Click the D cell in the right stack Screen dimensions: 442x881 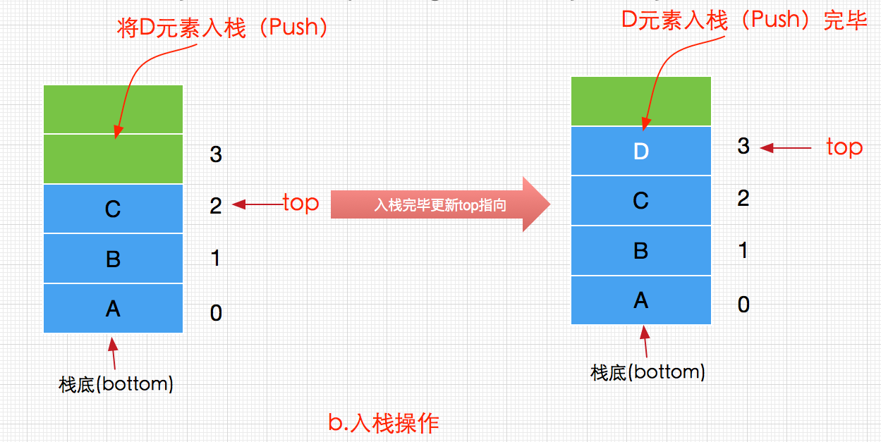click(x=640, y=152)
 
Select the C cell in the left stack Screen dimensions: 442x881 click(x=113, y=209)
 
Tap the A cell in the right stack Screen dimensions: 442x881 click(x=640, y=301)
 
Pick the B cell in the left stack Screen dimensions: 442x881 click(x=113, y=259)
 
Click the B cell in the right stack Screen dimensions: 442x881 click(x=640, y=251)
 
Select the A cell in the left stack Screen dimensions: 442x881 click(x=113, y=309)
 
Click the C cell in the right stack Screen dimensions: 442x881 click(x=640, y=201)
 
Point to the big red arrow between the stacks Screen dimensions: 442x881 click(x=439, y=205)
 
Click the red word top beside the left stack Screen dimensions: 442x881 click(x=300, y=203)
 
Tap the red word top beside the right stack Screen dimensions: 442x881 click(x=844, y=147)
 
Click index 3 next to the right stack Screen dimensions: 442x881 click(x=743, y=147)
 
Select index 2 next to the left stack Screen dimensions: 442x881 click(x=216, y=206)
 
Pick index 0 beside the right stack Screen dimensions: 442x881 click(x=743, y=305)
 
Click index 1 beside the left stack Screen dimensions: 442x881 click(x=216, y=258)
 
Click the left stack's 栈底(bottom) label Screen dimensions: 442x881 click(x=116, y=384)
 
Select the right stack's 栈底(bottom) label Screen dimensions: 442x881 click(x=648, y=372)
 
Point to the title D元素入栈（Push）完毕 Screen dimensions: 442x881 click(x=744, y=20)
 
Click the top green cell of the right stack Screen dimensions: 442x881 click(x=640, y=102)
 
